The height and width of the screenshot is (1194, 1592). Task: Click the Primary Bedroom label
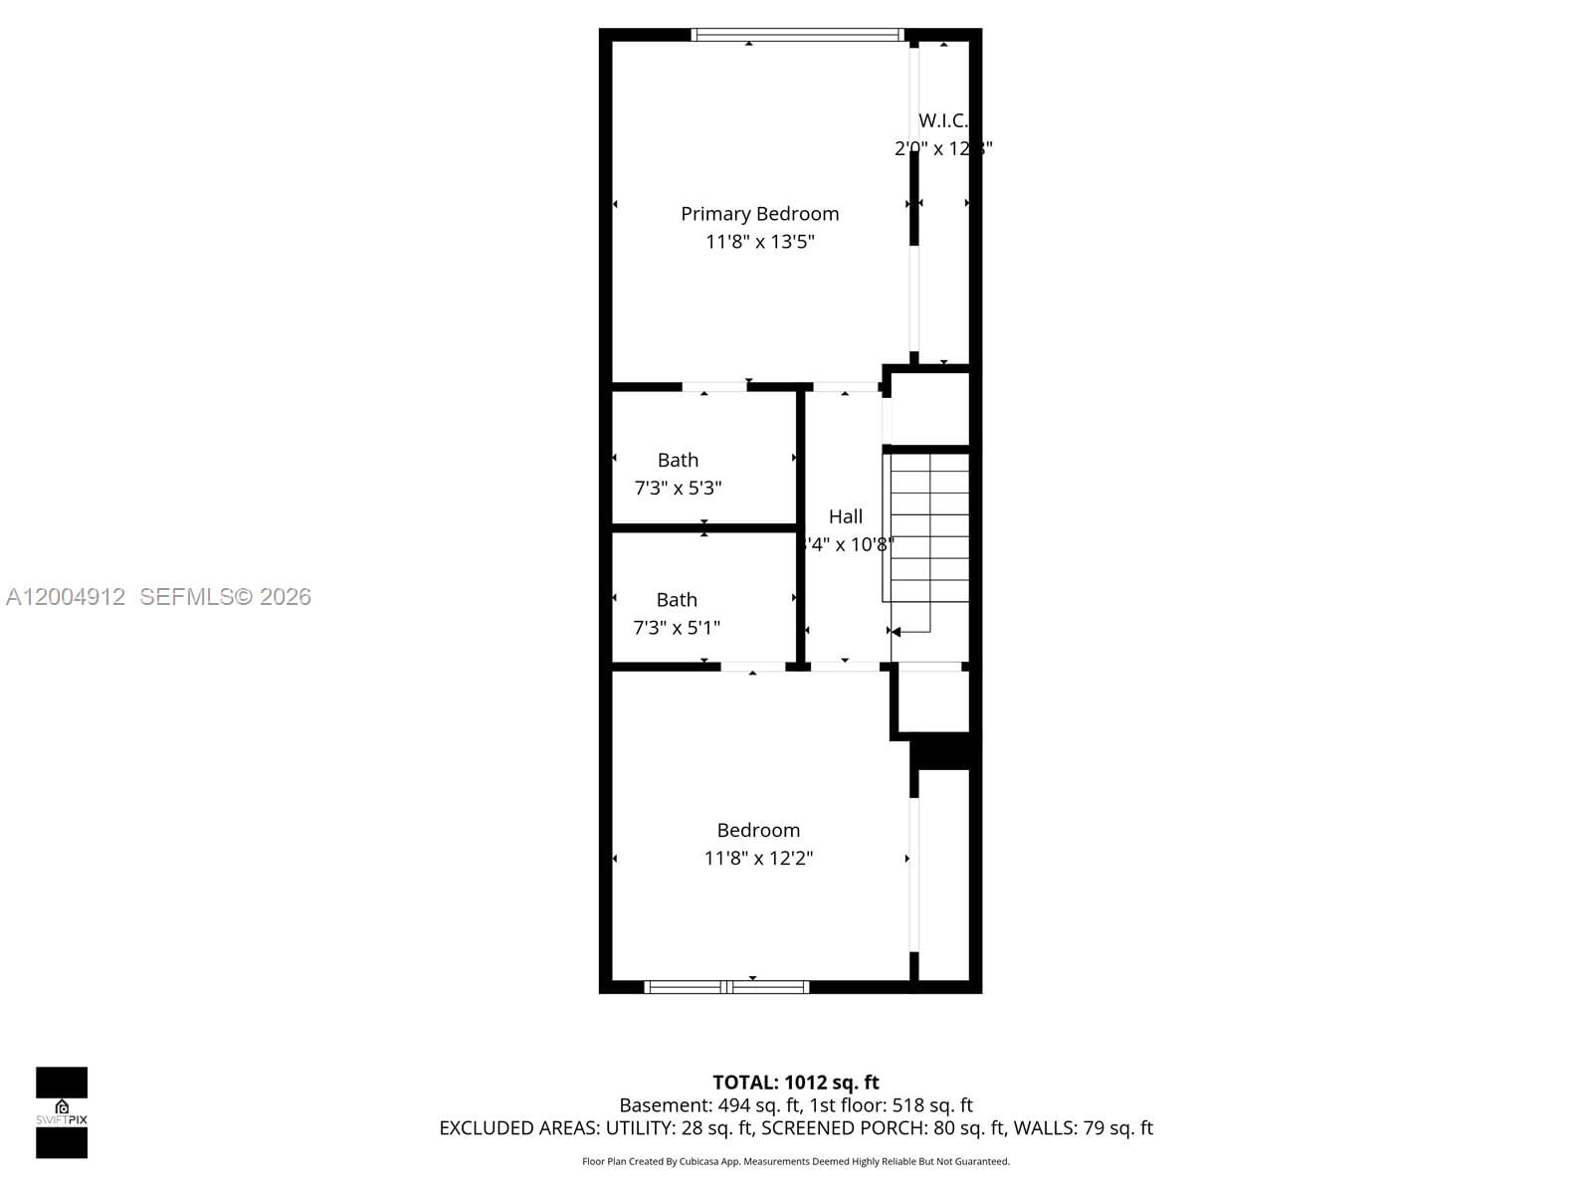pyautogui.click(x=759, y=214)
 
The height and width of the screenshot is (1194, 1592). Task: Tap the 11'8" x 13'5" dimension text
pyautogui.click(x=759, y=242)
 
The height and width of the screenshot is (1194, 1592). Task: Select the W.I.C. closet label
pyautogui.click(x=942, y=120)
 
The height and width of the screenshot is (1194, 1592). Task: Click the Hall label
pyautogui.click(x=846, y=516)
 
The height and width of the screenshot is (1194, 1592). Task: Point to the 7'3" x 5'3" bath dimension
pyautogui.click(x=678, y=489)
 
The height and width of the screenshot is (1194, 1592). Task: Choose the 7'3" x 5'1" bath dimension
pyautogui.click(x=677, y=628)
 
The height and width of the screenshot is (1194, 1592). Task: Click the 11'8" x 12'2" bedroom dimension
pyautogui.click(x=758, y=859)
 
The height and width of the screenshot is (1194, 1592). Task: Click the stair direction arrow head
pyautogui.click(x=895, y=632)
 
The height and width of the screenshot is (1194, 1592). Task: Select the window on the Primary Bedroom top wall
pyautogui.click(x=797, y=35)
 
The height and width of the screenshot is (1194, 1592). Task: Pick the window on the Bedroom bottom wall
pyautogui.click(x=726, y=987)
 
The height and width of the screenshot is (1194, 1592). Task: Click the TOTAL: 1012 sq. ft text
pyautogui.click(x=796, y=1083)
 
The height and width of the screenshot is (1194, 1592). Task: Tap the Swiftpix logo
pyautogui.click(x=62, y=1112)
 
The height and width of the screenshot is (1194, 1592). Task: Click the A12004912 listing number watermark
pyautogui.click(x=66, y=597)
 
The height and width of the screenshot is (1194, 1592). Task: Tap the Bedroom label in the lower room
pyautogui.click(x=758, y=831)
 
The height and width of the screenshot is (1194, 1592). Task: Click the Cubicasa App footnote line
pyautogui.click(x=796, y=1161)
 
